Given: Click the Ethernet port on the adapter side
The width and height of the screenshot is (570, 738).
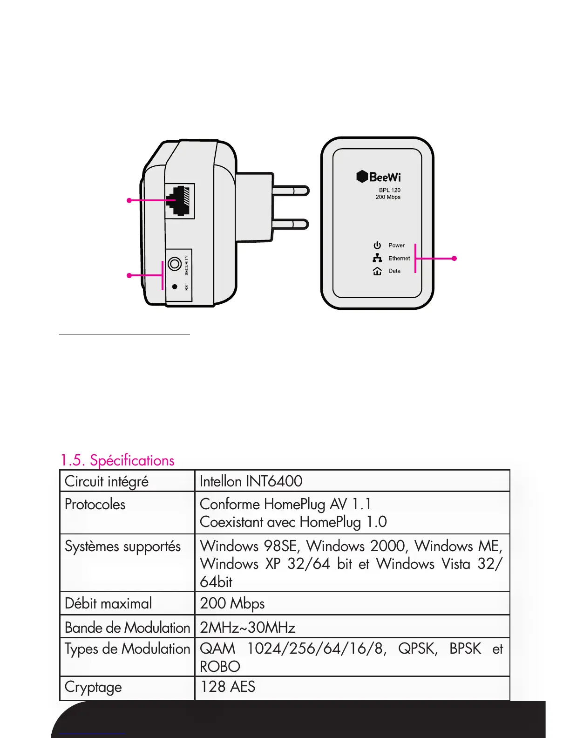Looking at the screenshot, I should coord(179,201).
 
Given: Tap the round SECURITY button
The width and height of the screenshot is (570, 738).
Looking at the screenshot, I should coord(175,264).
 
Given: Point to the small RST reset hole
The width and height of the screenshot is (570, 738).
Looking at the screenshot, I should coord(175,287).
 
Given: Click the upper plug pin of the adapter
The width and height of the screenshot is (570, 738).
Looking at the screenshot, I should coord(290,191).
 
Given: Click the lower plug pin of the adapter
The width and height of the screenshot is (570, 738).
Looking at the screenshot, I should coord(290,224).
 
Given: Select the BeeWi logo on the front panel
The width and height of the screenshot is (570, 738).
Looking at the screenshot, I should coord(379,177).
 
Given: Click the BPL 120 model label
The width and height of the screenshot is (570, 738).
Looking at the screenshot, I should coord(389,190).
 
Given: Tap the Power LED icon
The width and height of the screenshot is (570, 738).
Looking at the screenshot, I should coord(377,246).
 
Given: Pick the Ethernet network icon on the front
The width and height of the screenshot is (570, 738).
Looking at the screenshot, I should coord(377,258).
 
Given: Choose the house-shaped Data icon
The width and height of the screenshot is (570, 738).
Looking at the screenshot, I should coord(377,271).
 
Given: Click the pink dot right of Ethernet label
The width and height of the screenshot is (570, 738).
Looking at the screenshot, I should coord(455,258).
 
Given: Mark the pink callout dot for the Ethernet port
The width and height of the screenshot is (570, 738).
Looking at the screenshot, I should coord(129,200).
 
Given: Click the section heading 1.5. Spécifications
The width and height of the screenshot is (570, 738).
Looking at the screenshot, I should coord(117,460).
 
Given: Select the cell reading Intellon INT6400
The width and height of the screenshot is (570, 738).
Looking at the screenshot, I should coord(251,481).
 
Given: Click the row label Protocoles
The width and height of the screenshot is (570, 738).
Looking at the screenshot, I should coord(95,504).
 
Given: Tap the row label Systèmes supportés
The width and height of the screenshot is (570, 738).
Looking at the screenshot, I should coord(122,546).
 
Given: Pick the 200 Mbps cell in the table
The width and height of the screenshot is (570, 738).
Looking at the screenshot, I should coord(232,603).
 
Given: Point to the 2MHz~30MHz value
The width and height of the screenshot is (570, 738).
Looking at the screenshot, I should coord(247,628).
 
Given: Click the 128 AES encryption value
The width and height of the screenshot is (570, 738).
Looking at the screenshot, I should coord(228,687).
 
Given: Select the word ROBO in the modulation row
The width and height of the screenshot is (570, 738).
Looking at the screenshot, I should coord(220,667).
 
